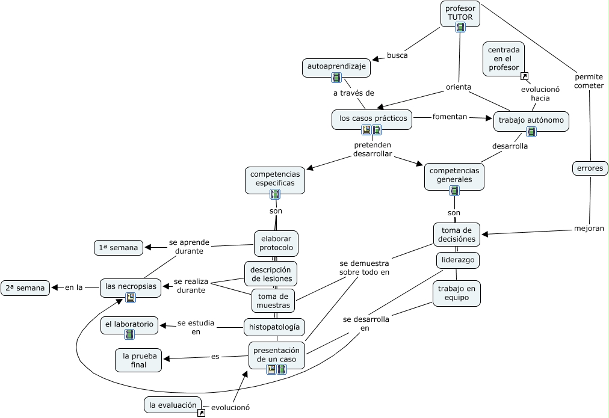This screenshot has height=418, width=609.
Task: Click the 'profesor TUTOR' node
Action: tap(460, 14)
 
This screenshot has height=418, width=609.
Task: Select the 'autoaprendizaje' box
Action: tap(336, 68)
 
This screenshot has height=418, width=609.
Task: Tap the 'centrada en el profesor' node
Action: tap(504, 59)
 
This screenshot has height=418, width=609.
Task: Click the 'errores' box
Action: tap(590, 168)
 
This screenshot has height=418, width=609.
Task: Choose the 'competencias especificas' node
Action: tap(275, 180)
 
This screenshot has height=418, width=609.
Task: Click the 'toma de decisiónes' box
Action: tap(457, 235)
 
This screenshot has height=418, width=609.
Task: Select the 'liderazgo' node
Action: tap(458, 260)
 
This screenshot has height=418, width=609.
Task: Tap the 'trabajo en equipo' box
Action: tap(457, 294)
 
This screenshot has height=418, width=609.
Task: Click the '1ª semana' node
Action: tap(119, 248)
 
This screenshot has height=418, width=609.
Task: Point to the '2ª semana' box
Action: tap(25, 288)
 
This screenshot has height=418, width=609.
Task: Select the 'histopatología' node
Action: tap(274, 327)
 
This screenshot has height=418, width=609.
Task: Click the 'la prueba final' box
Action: tap(138, 360)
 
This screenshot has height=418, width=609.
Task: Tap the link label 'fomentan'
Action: tap(450, 117)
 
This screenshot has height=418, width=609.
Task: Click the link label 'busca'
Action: tap(397, 55)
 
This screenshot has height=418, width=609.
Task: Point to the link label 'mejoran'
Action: tap(589, 228)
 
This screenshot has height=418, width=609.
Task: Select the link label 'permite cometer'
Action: tap(589, 81)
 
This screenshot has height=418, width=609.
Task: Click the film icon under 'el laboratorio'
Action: tap(129, 334)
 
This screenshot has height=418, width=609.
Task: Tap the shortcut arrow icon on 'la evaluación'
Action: tap(201, 413)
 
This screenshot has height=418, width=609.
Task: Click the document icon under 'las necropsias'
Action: tap(131, 298)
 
